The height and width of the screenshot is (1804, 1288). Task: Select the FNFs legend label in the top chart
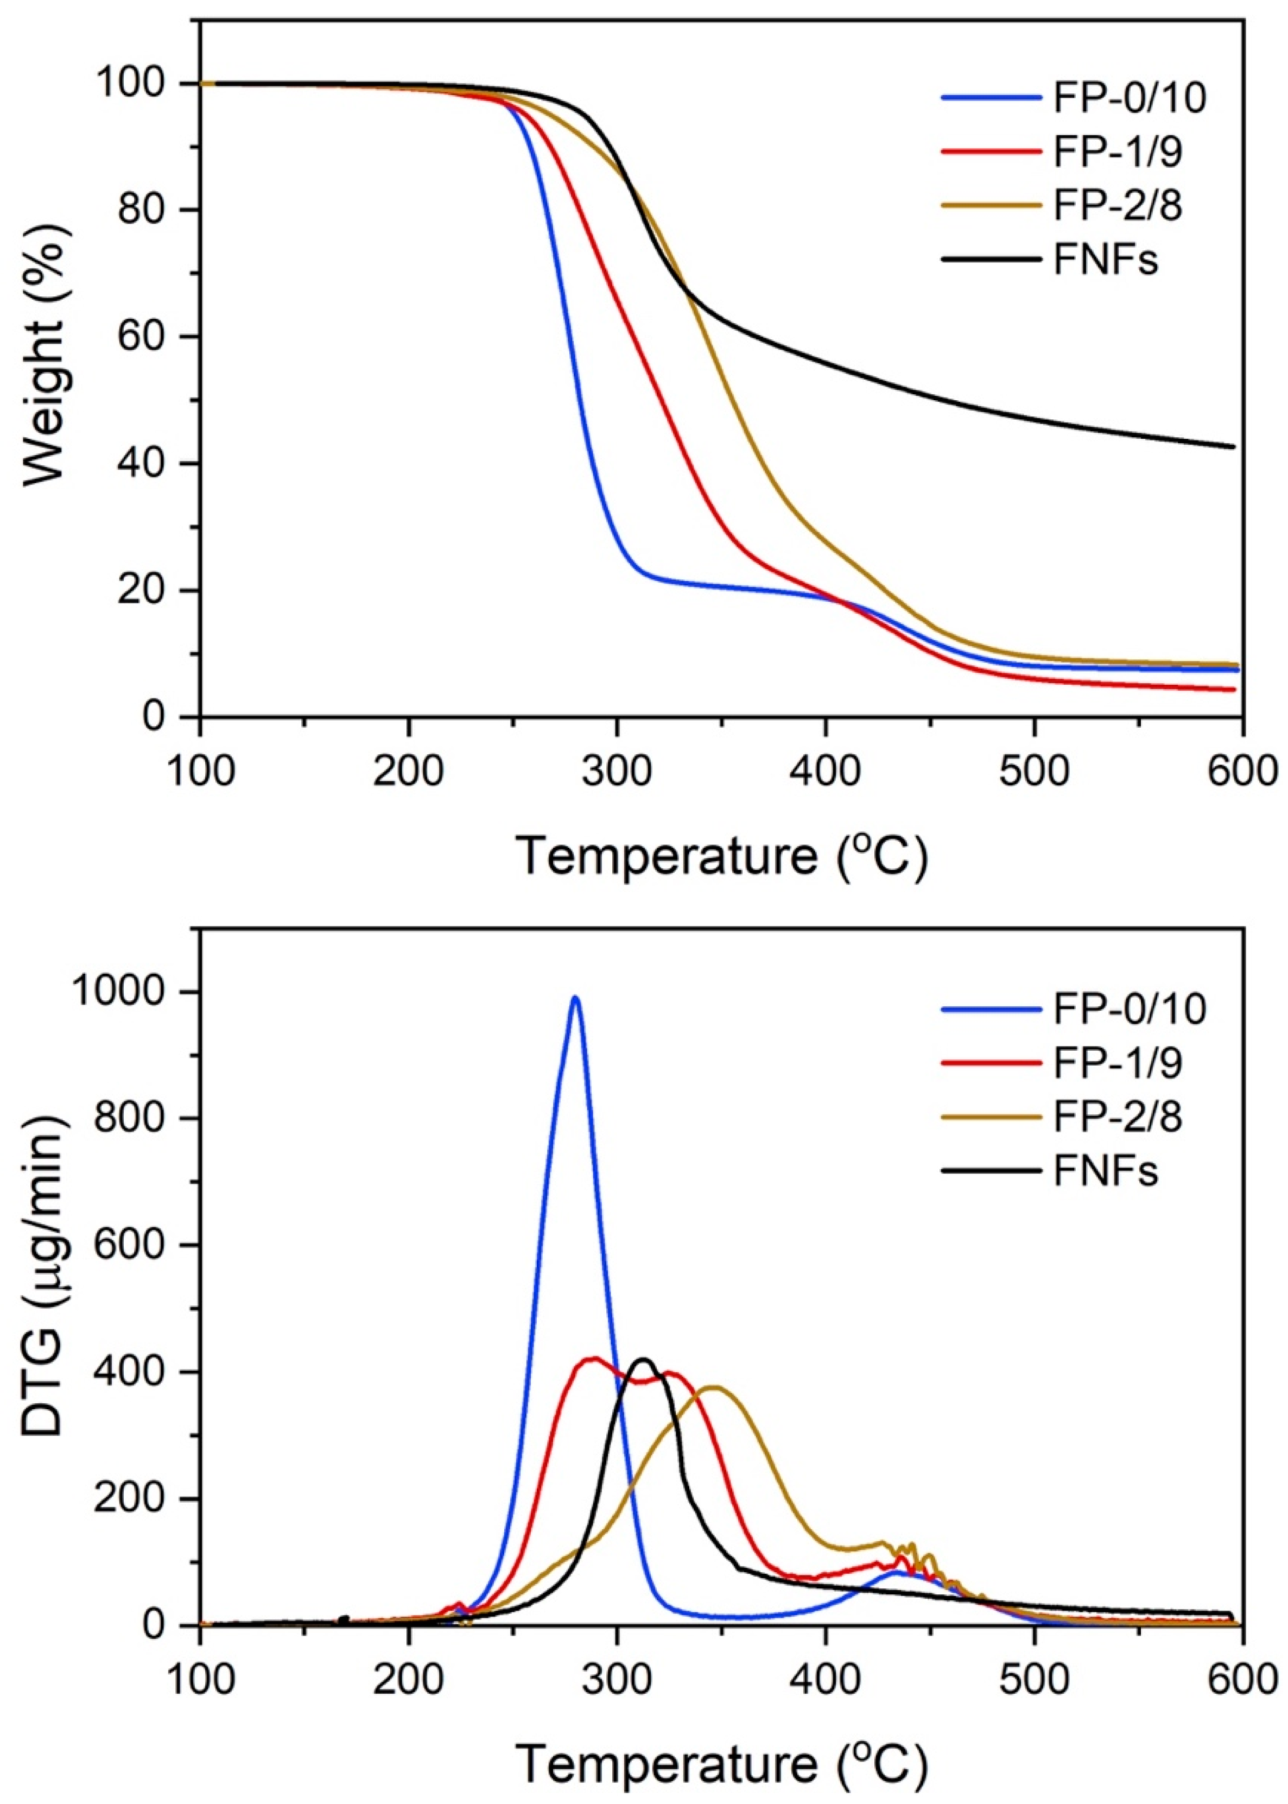pos(1106,260)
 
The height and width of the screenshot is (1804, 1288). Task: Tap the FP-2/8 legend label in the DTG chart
pos(1118,1116)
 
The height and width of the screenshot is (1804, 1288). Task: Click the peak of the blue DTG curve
pos(575,998)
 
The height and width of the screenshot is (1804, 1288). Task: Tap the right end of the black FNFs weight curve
pos(1233,446)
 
